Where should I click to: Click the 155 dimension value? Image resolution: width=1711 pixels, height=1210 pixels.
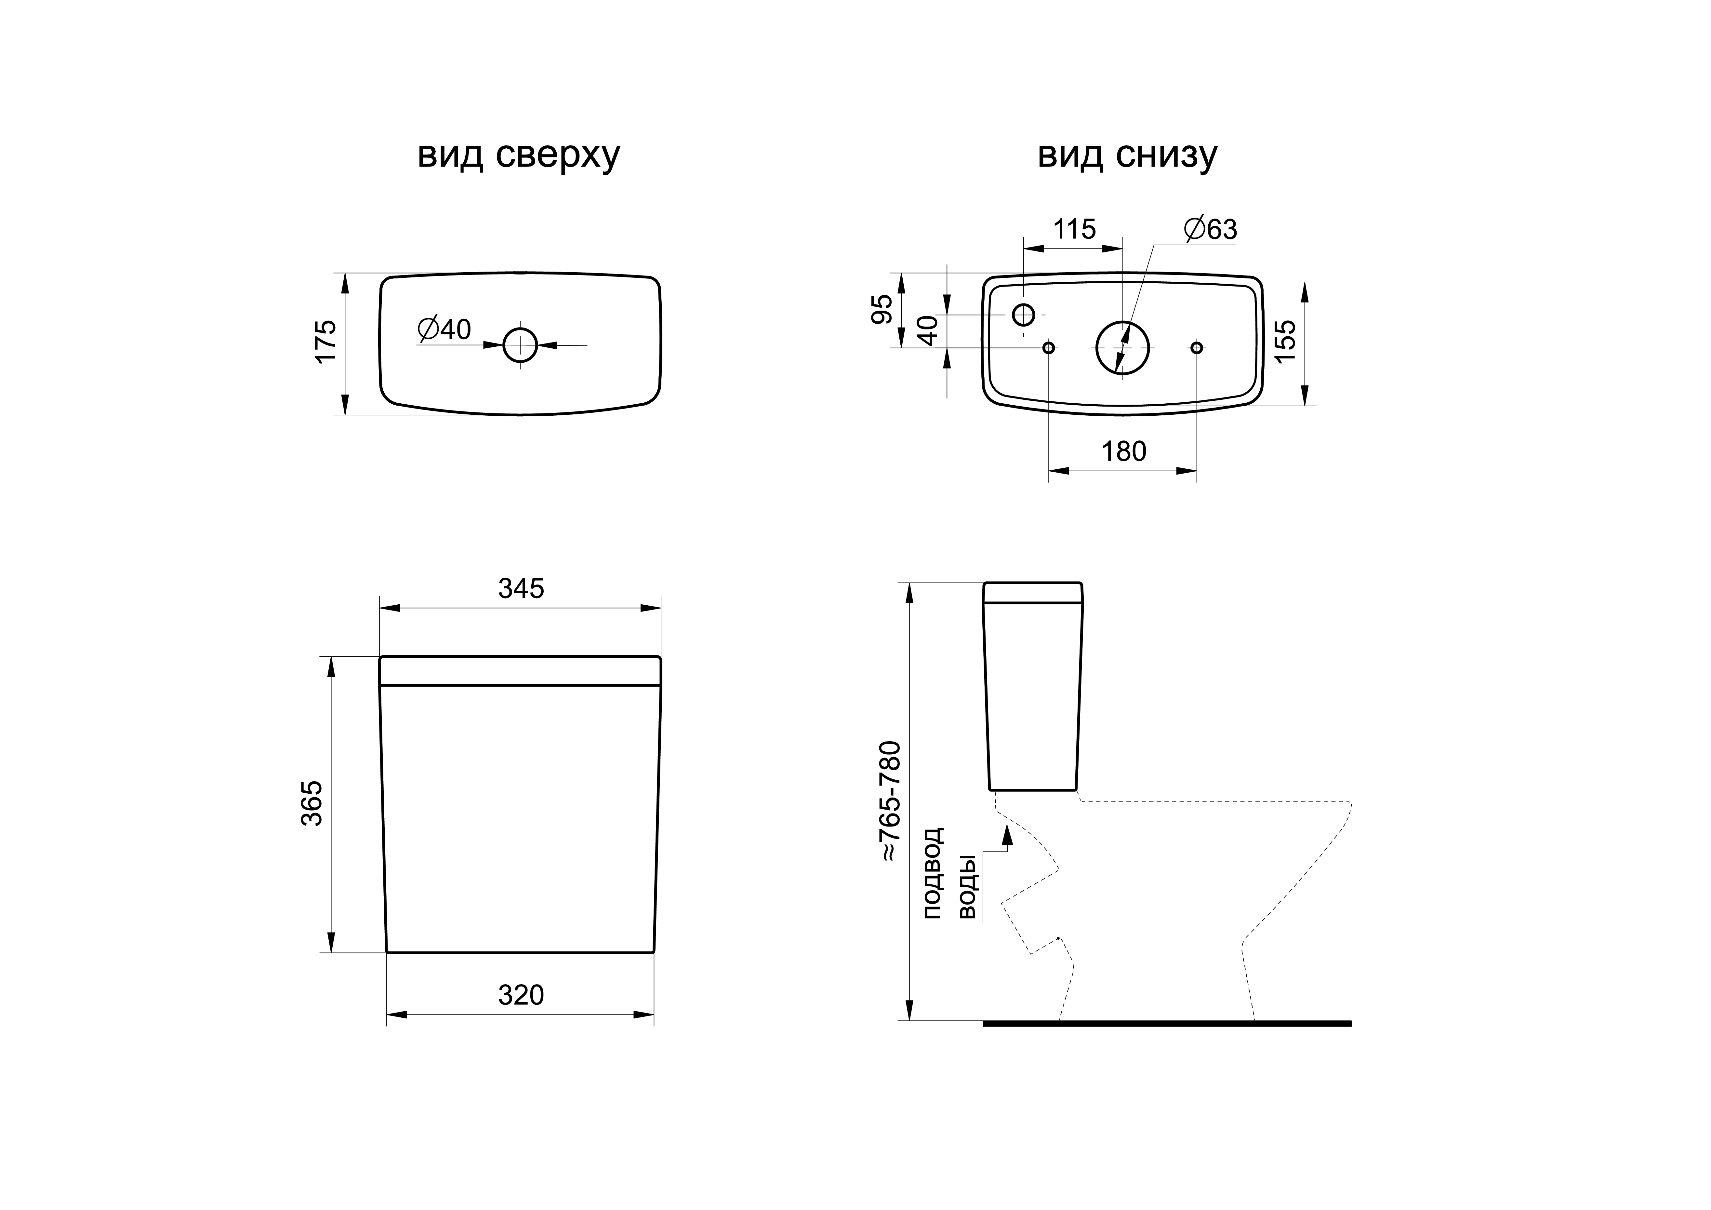1285,341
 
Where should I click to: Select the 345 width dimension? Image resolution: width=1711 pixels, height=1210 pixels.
521,589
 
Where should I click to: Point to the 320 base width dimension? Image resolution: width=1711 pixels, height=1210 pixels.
521,995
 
